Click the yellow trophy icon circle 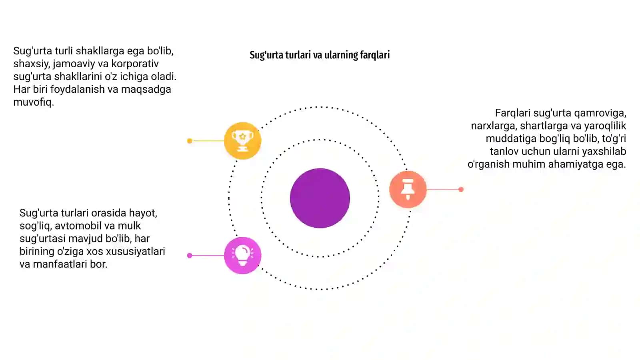click(x=242, y=140)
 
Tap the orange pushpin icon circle click(x=408, y=190)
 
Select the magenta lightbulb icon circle click(x=242, y=256)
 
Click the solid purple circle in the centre click(x=320, y=198)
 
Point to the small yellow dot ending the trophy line click(x=190, y=141)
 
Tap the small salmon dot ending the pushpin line click(x=461, y=190)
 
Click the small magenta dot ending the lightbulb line click(x=190, y=256)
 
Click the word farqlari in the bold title click(x=375, y=55)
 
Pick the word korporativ click(x=135, y=64)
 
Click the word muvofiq click(x=34, y=102)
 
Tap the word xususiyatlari click(x=135, y=252)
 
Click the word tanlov click(x=504, y=152)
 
